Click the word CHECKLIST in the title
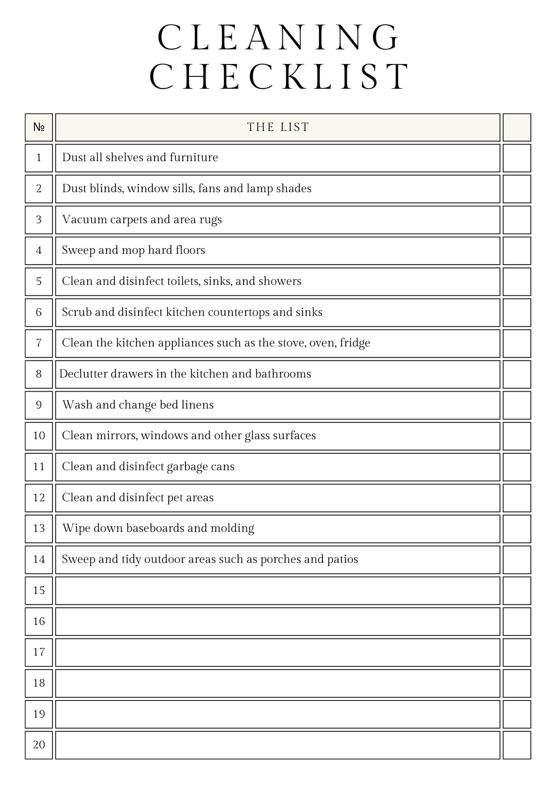click(x=279, y=76)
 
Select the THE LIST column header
click(x=278, y=127)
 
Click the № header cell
click(x=39, y=127)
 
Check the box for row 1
click(x=517, y=158)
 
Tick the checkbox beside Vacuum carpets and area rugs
click(x=517, y=220)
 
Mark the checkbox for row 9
click(x=517, y=405)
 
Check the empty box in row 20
click(x=517, y=745)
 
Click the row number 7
click(x=39, y=343)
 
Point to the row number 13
click(x=39, y=529)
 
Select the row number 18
click(x=39, y=683)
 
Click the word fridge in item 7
click(x=355, y=343)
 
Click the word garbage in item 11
click(x=187, y=467)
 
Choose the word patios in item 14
click(x=343, y=559)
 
